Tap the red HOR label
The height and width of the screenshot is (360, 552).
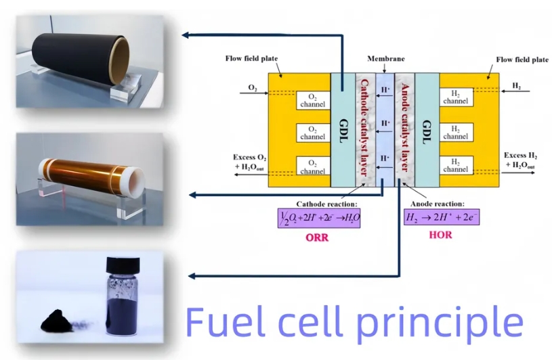pos(441,235)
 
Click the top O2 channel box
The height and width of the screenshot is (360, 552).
pos(312,99)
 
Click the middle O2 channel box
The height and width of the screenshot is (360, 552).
pos(312,133)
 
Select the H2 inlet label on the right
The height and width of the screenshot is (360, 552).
pos(516,87)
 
